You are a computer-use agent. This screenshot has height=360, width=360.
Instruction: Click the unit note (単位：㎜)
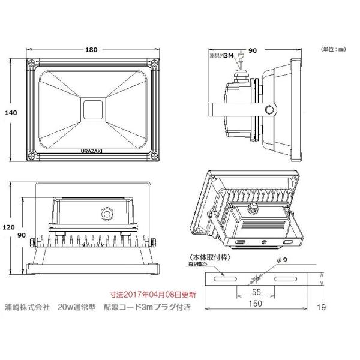(333, 48)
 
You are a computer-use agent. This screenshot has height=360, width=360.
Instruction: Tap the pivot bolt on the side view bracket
(271, 109)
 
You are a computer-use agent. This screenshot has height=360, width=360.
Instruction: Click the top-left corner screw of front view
(30, 62)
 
